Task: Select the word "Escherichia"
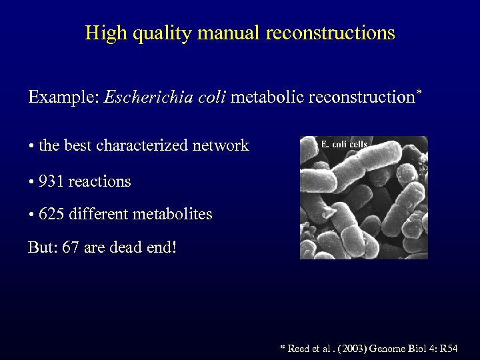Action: click(147, 97)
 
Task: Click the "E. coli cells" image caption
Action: click(344, 144)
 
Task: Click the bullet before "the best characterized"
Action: click(31, 146)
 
